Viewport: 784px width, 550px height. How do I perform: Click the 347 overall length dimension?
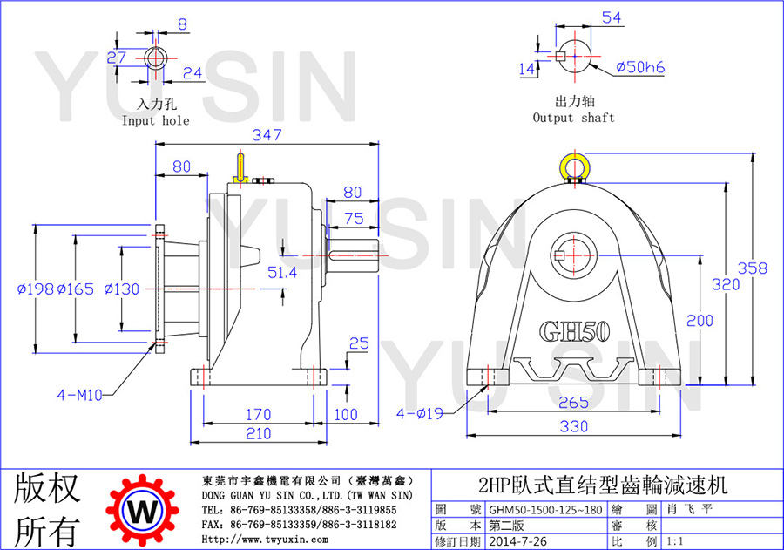point(267,134)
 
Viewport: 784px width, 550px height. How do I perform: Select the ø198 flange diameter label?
point(36,289)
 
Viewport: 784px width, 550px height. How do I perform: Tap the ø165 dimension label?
point(76,289)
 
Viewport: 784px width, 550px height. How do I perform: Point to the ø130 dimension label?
point(121,289)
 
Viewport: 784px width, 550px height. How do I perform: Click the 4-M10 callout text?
point(80,396)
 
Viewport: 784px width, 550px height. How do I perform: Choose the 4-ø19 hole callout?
point(420,413)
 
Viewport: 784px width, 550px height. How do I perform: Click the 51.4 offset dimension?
point(282,273)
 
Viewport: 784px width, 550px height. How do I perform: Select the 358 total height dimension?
point(752,268)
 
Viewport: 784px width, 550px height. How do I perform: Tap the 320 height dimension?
point(726,284)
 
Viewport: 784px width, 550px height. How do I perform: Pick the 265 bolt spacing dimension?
point(573,403)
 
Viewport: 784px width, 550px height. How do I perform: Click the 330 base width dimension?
point(573,426)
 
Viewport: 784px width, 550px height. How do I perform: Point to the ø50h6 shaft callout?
point(640,67)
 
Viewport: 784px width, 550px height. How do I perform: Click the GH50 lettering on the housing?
point(575,331)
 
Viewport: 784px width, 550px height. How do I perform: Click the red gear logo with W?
point(143,511)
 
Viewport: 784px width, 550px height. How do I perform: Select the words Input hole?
point(156,120)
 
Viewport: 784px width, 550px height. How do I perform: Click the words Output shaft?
point(573,118)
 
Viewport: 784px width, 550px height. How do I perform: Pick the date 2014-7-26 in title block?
point(517,541)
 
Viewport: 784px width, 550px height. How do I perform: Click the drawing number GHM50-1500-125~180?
point(545,510)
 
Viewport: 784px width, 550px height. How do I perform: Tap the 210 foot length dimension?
point(258,433)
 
